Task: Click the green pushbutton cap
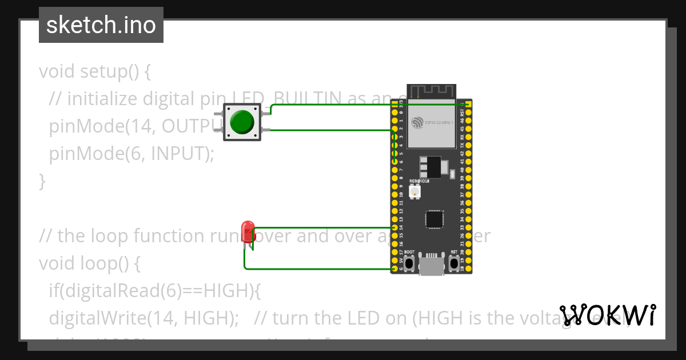point(242,121)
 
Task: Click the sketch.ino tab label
point(101,25)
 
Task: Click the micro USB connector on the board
point(432,264)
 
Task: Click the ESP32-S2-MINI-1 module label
point(439,123)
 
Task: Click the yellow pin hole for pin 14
point(394,227)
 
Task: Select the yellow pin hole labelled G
point(394,269)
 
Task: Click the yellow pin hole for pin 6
point(394,162)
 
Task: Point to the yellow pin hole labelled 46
point(469,121)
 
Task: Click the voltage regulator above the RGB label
point(432,166)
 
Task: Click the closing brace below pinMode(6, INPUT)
point(42,181)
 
